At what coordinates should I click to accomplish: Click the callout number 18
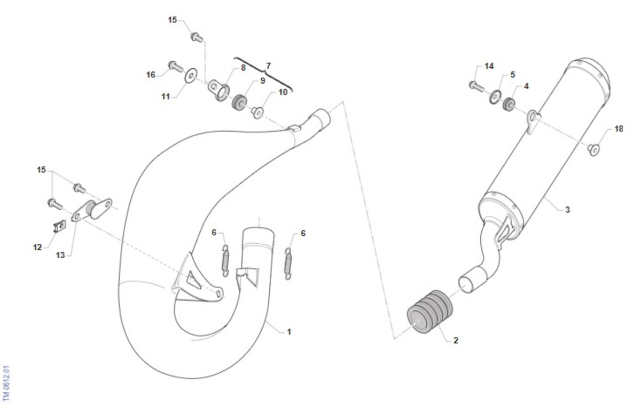pyautogui.click(x=619, y=129)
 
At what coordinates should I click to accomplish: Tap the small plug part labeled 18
pyautogui.click(x=594, y=149)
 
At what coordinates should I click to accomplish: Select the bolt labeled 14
pyautogui.click(x=476, y=86)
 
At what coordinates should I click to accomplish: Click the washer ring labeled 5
pyautogui.click(x=495, y=97)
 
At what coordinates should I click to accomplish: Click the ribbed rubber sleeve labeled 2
pyautogui.click(x=430, y=312)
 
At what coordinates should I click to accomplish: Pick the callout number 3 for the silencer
pyautogui.click(x=567, y=210)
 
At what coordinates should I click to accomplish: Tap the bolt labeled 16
pyautogui.click(x=176, y=67)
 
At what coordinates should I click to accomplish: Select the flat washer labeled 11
pyautogui.click(x=191, y=75)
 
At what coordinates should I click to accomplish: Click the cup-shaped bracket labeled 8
pyautogui.click(x=219, y=90)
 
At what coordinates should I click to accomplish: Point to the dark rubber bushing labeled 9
pyautogui.click(x=239, y=102)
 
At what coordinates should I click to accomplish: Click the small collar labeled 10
pyautogui.click(x=257, y=113)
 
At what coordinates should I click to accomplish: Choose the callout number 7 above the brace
pyautogui.click(x=268, y=66)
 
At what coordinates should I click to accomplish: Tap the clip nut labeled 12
pyautogui.click(x=60, y=227)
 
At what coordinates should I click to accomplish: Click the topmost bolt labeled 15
pyautogui.click(x=197, y=37)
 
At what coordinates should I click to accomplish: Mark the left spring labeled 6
pyautogui.click(x=225, y=261)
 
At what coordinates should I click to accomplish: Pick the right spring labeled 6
pyautogui.click(x=288, y=264)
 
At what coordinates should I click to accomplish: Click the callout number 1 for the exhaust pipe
pyautogui.click(x=289, y=332)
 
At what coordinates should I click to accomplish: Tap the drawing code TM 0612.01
pyautogui.click(x=6, y=383)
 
